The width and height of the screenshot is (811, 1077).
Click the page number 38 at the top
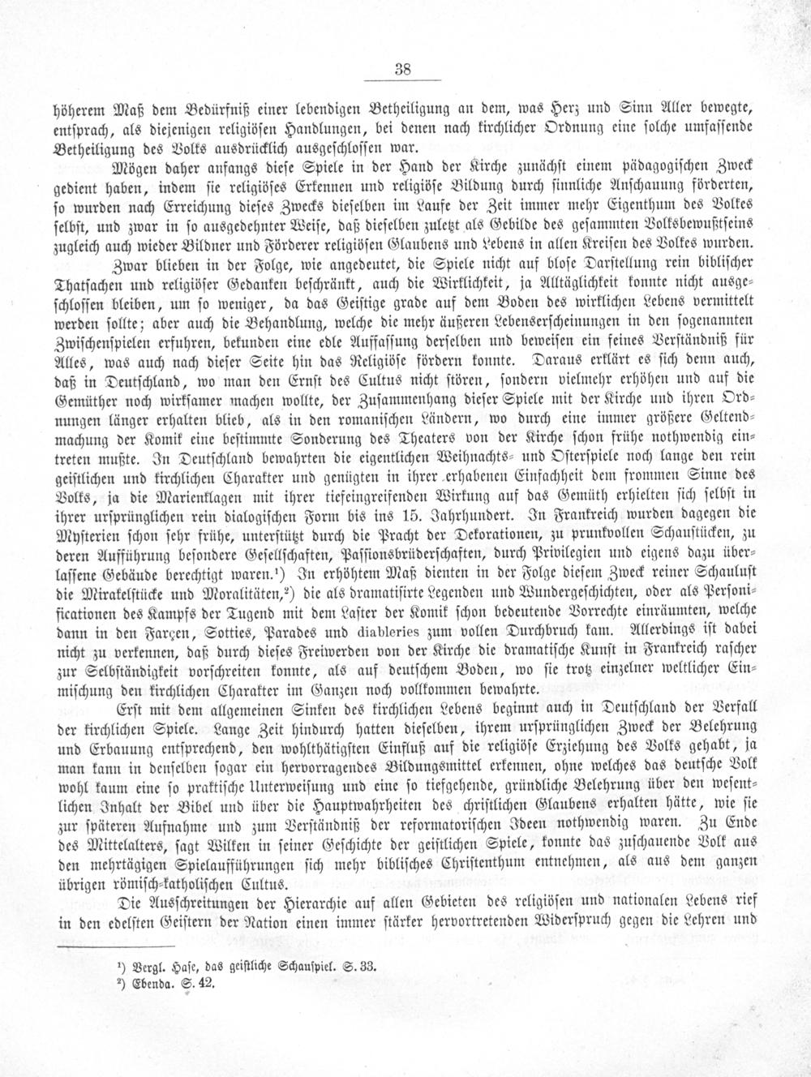pos(403,70)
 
